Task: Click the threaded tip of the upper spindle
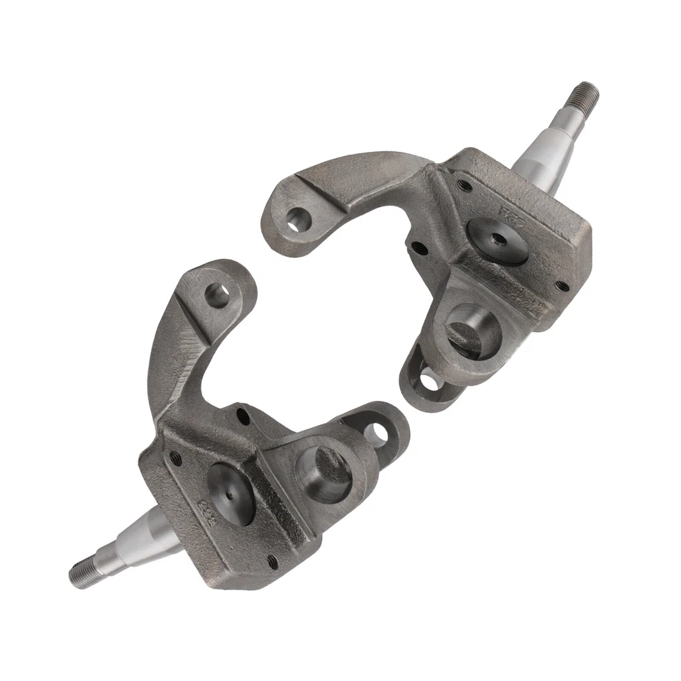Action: coord(586,95)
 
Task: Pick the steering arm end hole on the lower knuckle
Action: coord(216,295)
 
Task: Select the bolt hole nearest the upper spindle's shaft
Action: coord(464,186)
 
